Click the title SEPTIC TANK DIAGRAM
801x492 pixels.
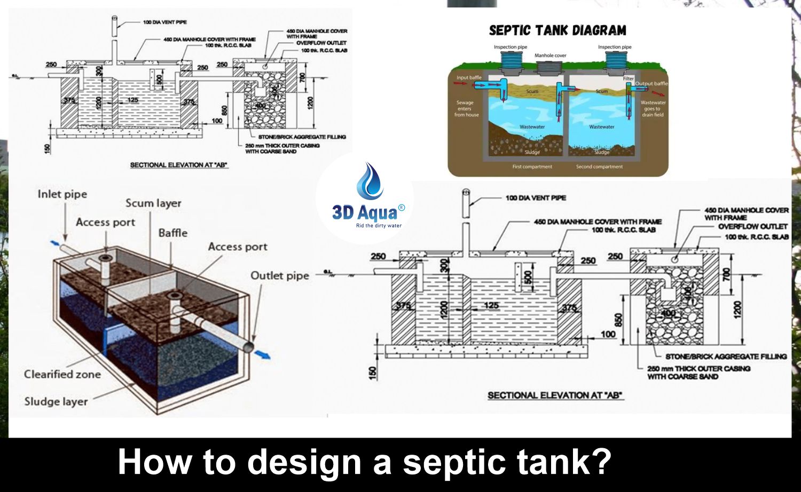coord(557,30)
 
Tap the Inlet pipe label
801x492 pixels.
coord(62,194)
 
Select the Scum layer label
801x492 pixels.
coord(153,203)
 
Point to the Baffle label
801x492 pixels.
coord(172,233)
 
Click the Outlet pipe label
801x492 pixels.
coord(280,276)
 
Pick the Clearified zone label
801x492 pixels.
coord(62,375)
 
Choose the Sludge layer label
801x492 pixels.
coord(56,401)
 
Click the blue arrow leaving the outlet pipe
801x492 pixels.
coord(263,354)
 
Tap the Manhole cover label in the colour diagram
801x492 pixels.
coord(550,55)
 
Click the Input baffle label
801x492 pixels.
coord(469,78)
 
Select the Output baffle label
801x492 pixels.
coord(651,84)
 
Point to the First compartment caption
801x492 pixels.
coord(532,167)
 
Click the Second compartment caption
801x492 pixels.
coord(599,167)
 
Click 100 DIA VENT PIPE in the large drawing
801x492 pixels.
coord(536,198)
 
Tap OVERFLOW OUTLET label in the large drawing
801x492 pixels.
coord(752,227)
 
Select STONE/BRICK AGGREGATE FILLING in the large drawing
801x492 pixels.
coord(726,356)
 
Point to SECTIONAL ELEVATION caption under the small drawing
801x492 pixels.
coord(179,165)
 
